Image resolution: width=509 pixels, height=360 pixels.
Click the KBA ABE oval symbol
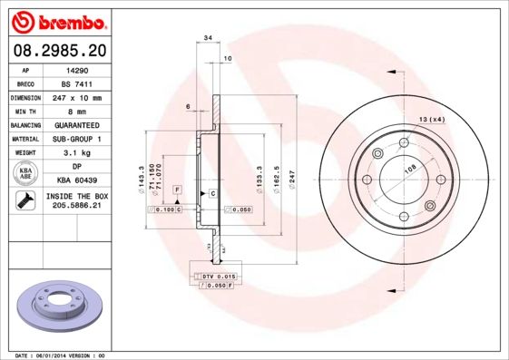point(26,174)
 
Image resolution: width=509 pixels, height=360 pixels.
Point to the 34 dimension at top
point(208,38)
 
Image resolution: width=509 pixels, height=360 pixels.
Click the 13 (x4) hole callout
point(432,120)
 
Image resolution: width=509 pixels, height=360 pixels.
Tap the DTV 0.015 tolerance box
point(218,275)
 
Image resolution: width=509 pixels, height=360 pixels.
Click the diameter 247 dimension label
point(291,181)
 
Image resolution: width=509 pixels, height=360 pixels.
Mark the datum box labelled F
point(179,189)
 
